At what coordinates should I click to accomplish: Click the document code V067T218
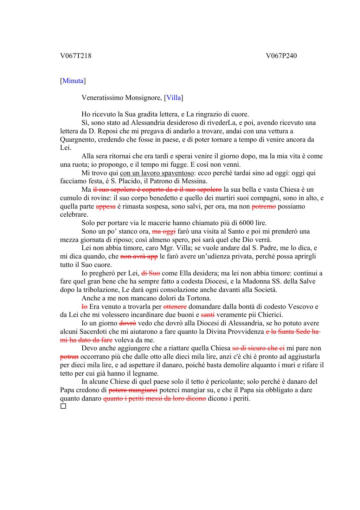(x=76, y=56)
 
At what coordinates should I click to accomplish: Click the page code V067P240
(x=281, y=56)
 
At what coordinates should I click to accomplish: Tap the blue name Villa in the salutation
(x=174, y=98)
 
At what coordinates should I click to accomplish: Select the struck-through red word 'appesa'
(x=105, y=206)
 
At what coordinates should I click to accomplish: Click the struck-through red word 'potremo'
(x=264, y=206)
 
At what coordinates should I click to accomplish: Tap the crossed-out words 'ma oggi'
(x=164, y=231)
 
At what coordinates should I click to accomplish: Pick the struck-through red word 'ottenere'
(x=175, y=307)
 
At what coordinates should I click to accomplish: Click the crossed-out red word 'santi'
(x=208, y=315)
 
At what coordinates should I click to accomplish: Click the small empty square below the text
(x=63, y=407)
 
